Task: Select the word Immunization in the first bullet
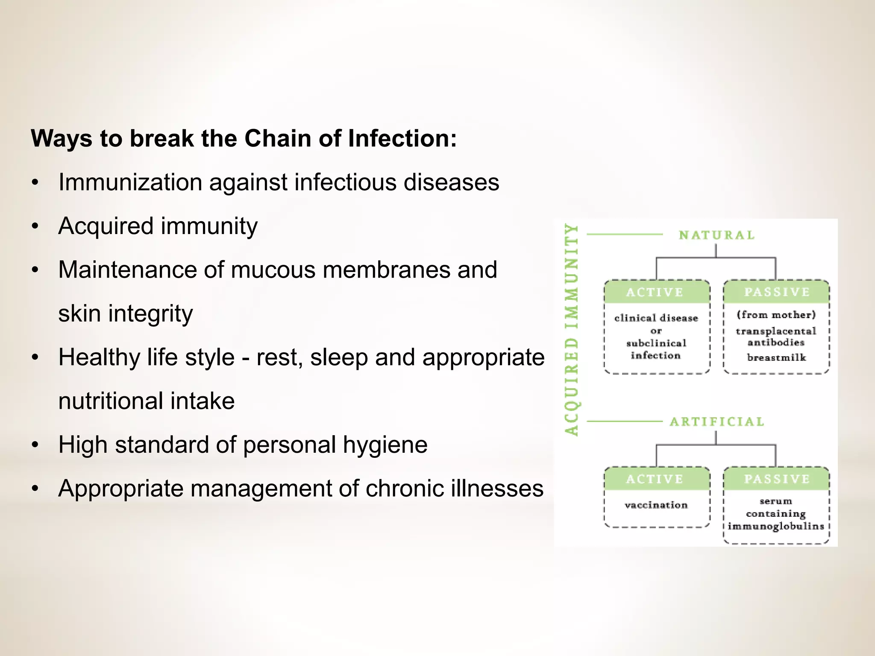pyautogui.click(x=130, y=183)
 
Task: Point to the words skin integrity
pyautogui.click(x=125, y=314)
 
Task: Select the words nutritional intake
pyautogui.click(x=146, y=401)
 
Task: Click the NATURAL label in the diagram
pyautogui.click(x=716, y=235)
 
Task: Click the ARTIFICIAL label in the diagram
pyautogui.click(x=716, y=422)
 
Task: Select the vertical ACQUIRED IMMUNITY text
pyautogui.click(x=572, y=329)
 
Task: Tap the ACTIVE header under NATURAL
pyautogui.click(x=655, y=293)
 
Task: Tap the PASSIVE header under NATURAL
pyautogui.click(x=776, y=292)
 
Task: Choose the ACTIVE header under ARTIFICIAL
pyautogui.click(x=655, y=479)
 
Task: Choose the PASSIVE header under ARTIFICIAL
pyautogui.click(x=776, y=479)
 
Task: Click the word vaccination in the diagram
pyautogui.click(x=656, y=505)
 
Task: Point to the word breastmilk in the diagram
pyautogui.click(x=776, y=357)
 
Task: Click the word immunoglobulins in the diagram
pyautogui.click(x=776, y=526)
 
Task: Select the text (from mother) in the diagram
pyautogui.click(x=776, y=315)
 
